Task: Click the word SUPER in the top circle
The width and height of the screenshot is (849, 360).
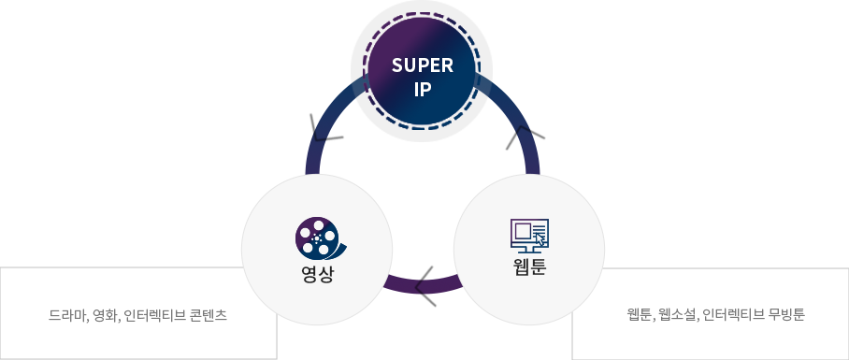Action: (423, 65)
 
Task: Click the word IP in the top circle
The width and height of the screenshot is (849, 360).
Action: (423, 90)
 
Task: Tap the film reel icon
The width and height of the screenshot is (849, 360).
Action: (320, 238)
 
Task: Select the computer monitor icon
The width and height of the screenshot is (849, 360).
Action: (529, 236)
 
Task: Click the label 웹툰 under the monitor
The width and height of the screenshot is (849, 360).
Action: (529, 267)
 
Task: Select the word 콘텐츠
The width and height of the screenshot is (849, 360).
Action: (209, 315)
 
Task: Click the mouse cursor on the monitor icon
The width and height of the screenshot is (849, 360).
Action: (540, 238)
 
